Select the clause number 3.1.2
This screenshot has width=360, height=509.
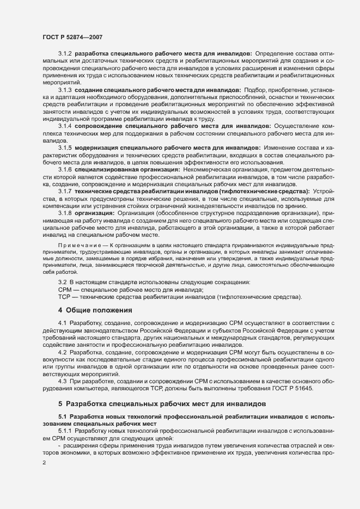tap(65, 54)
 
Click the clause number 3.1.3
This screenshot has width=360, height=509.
tap(65, 89)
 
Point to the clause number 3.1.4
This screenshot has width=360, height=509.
tap(65, 126)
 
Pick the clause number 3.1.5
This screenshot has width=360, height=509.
tap(65, 148)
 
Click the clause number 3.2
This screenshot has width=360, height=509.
tap(62, 282)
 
